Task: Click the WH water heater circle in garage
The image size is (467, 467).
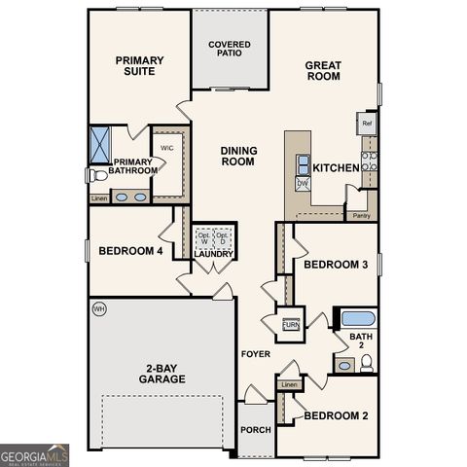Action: tap(98, 309)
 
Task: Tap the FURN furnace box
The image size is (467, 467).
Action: tap(291, 325)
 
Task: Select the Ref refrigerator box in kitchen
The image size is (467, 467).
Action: tap(367, 124)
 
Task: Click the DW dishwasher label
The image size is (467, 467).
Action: tap(303, 183)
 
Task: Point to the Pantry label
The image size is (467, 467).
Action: tap(361, 215)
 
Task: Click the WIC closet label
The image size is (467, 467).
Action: tap(166, 148)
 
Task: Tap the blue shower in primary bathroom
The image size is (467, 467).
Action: tap(100, 143)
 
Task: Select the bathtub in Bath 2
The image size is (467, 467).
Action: tap(357, 318)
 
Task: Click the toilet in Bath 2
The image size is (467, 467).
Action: tap(367, 363)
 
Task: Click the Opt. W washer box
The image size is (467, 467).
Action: tap(204, 239)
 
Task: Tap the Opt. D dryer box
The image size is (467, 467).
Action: tap(223, 239)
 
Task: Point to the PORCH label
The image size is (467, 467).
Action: tap(257, 430)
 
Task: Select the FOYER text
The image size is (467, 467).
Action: tap(256, 354)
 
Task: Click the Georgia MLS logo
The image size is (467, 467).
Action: tap(35, 454)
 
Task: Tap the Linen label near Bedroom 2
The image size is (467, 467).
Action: tap(289, 385)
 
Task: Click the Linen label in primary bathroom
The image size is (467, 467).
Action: tap(98, 198)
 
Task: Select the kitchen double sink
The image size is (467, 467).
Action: tap(304, 162)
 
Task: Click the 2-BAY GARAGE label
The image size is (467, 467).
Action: tap(162, 373)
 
